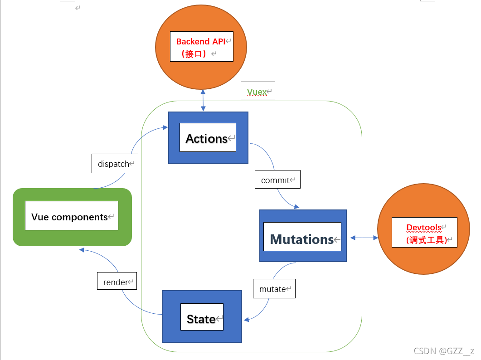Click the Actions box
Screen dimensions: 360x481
pos(208,138)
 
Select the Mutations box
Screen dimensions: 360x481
pos(303,236)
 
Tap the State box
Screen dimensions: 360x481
pos(202,316)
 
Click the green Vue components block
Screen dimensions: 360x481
pos(72,217)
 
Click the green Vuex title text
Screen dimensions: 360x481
pos(257,92)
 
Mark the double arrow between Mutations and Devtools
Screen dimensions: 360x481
pos(364,238)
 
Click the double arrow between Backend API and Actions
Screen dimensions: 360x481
pos(203,101)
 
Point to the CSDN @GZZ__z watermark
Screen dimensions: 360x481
pos(443,350)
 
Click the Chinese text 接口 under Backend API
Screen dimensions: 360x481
pos(194,54)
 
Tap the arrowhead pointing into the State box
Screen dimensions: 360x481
pos(247,320)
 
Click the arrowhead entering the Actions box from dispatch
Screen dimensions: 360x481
pos(165,128)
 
